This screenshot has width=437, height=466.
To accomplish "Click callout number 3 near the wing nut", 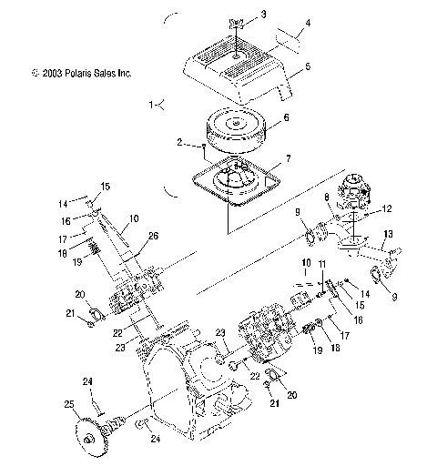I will pyautogui.click(x=263, y=15).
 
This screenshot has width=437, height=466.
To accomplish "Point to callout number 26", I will pyautogui.click(x=153, y=237).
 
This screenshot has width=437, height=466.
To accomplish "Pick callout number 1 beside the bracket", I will pyautogui.click(x=152, y=105).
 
